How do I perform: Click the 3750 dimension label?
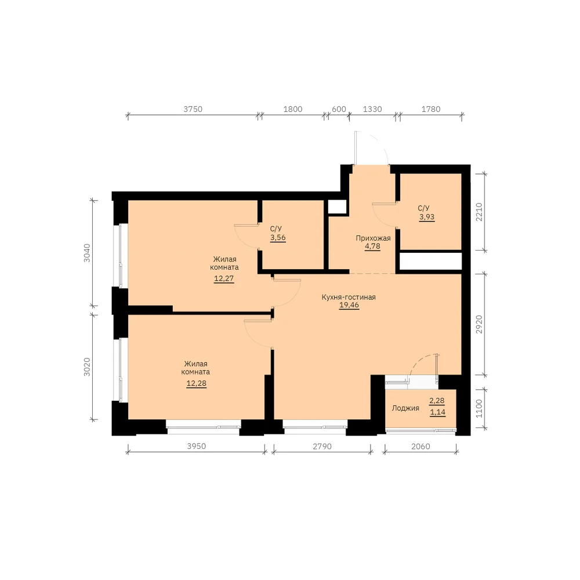[193, 109]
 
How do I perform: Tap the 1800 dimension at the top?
[293, 109]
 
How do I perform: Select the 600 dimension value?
[339, 109]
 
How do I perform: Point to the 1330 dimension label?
[372, 109]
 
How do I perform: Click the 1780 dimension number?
[431, 109]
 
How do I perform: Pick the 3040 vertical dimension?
[87, 253]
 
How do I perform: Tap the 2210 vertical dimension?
[479, 212]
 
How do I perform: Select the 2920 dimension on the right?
[479, 324]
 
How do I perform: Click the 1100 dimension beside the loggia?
[479, 408]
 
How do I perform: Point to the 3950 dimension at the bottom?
[197, 446]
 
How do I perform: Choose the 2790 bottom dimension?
[322, 447]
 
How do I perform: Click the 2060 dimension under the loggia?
[421, 447]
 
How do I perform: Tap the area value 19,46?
[349, 305]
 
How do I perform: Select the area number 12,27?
[224, 278]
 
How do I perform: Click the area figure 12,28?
[197, 383]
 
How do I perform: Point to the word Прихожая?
[373, 238]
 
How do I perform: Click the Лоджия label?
[405, 408]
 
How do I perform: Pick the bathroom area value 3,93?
[427, 217]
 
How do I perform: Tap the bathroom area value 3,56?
[278, 237]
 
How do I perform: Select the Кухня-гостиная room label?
[349, 297]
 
